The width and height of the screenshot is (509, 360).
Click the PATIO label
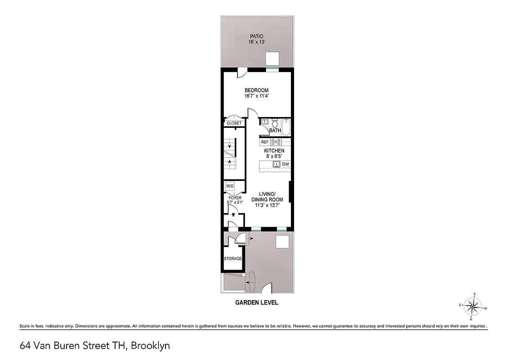click(x=256, y=36)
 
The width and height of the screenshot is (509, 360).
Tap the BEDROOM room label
click(x=256, y=90)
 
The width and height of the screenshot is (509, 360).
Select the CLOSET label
click(x=234, y=123)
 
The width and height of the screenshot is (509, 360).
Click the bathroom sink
click(x=264, y=121)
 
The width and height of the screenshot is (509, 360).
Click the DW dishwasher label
click(x=285, y=164)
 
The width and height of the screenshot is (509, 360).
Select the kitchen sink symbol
click(x=277, y=164)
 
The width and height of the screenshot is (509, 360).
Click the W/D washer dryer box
click(x=230, y=186)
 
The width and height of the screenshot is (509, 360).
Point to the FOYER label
click(x=235, y=198)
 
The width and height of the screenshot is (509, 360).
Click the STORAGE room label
click(x=233, y=259)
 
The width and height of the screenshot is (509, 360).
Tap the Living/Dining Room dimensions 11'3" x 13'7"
click(x=267, y=205)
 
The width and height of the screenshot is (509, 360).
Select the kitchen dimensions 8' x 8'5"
click(x=274, y=156)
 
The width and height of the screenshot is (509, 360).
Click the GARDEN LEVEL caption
click(x=257, y=303)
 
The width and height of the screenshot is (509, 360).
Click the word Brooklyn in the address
click(x=152, y=346)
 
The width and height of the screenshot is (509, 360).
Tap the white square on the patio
click(x=272, y=58)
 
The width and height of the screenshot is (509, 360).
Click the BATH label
click(x=275, y=131)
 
